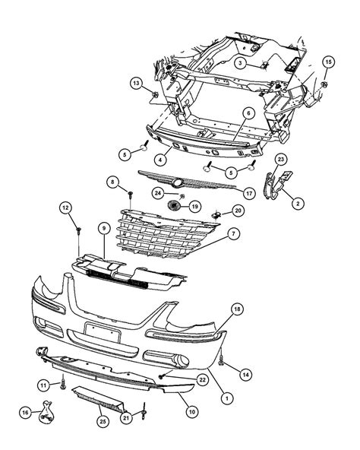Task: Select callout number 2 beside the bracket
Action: click(x=298, y=203)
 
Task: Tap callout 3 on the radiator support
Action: click(x=238, y=63)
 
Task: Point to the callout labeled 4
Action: click(x=161, y=160)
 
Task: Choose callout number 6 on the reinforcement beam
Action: click(x=248, y=113)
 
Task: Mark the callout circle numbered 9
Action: click(x=103, y=227)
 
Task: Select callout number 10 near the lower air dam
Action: click(x=192, y=411)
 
